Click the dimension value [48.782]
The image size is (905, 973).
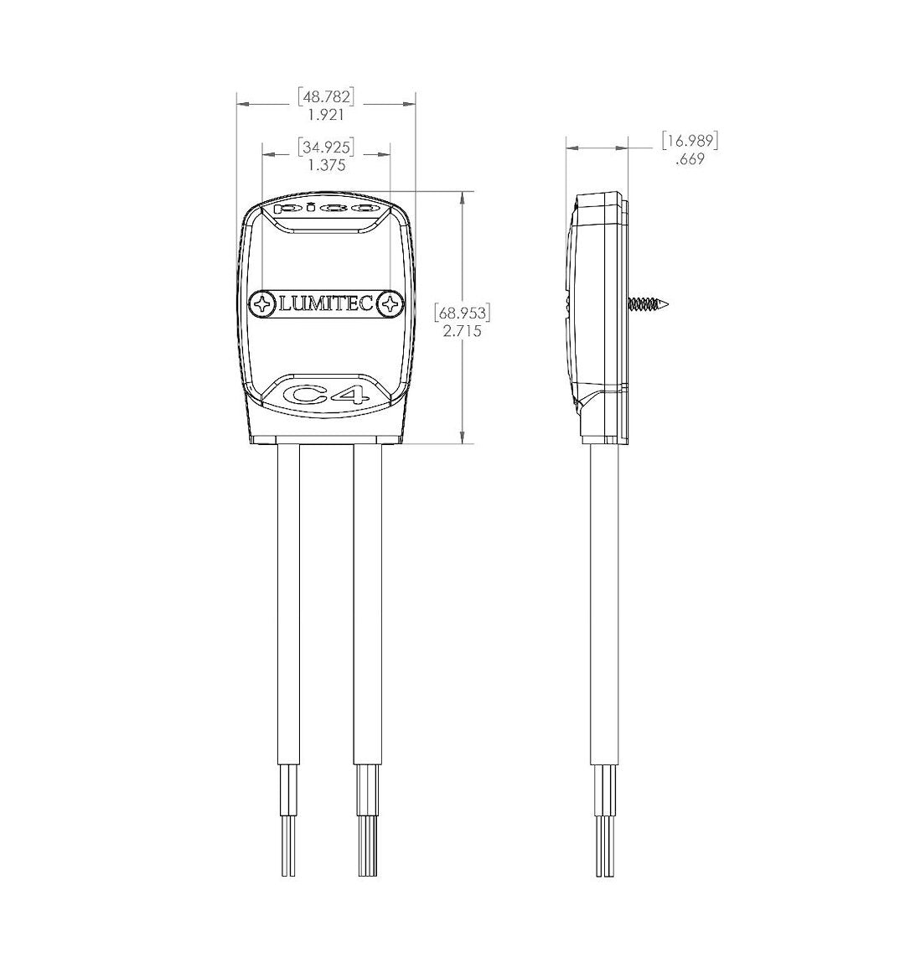(x=326, y=97)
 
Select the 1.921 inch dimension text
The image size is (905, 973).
(x=326, y=115)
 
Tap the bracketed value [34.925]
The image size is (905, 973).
(x=326, y=148)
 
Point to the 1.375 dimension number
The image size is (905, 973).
(x=326, y=166)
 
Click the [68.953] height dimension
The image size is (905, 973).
(x=462, y=313)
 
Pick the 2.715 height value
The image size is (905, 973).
(x=462, y=331)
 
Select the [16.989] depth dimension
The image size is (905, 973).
(x=690, y=141)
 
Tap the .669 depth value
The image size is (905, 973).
(x=690, y=159)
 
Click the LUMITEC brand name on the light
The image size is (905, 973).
(x=326, y=304)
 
